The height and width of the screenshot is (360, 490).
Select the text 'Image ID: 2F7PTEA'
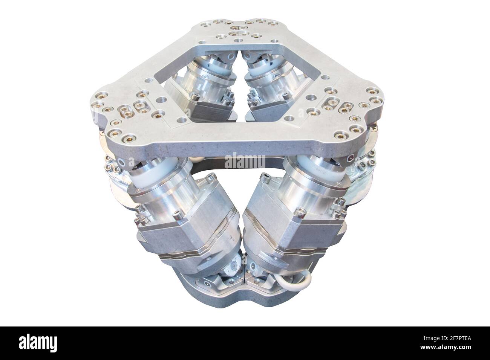(447, 338)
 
